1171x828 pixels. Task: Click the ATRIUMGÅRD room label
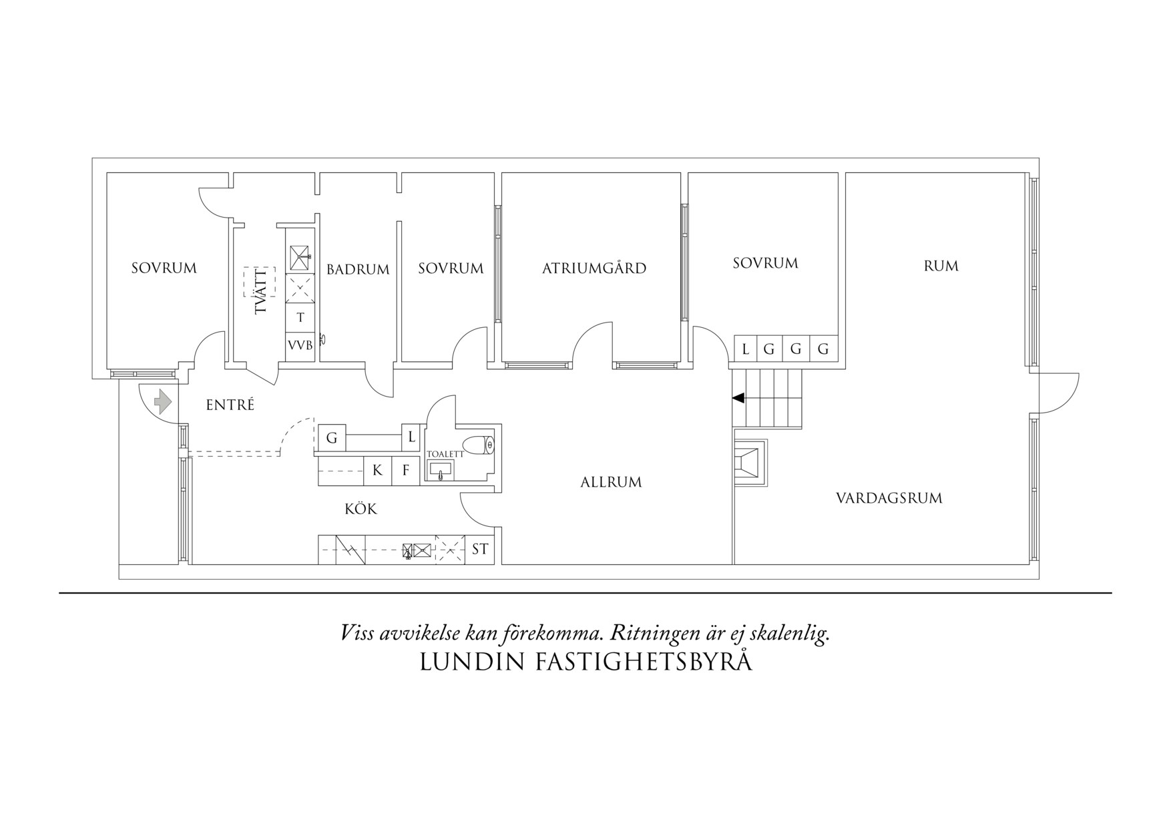coord(594,268)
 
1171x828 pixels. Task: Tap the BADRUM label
coord(358,270)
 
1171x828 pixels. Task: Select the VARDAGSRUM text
coord(889,498)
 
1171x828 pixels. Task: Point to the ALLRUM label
coord(611,482)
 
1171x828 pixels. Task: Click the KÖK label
coord(361,509)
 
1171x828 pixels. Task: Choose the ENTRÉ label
coord(230,405)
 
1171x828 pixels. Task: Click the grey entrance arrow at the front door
coord(162,402)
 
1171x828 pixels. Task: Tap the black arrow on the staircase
coord(738,398)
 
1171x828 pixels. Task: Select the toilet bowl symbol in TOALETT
coord(479,445)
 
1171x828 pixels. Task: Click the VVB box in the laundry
coord(300,346)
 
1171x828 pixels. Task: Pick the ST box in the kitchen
coord(480,550)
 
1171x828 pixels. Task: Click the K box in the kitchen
coord(377,471)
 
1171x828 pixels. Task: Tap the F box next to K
coord(405,471)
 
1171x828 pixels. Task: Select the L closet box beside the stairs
coord(745,349)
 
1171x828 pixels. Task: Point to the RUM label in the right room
coord(941,266)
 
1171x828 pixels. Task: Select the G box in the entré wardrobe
coord(331,439)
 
